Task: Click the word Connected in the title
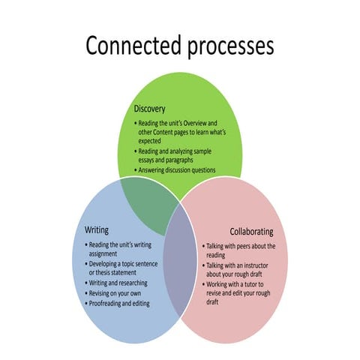point(132,46)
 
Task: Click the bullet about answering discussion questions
point(176,170)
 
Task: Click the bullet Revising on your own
point(115,293)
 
